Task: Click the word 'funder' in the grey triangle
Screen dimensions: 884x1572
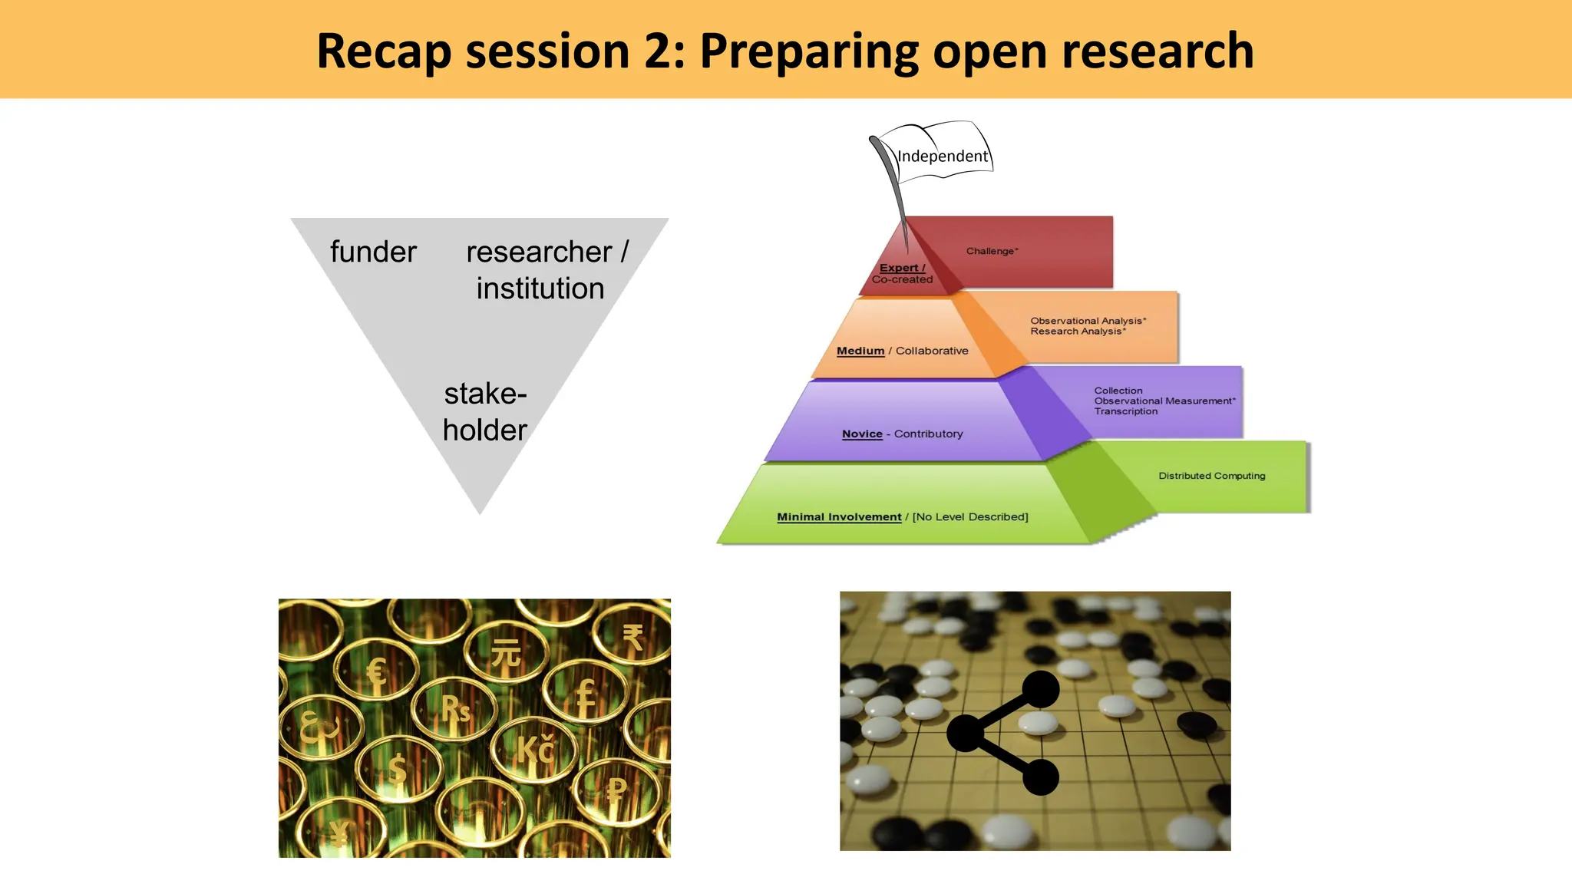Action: pos(373,252)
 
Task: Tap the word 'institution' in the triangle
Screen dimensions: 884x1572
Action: pos(540,289)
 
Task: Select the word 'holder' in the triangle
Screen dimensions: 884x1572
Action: pos(484,430)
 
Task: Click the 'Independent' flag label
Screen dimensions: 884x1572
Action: pos(943,157)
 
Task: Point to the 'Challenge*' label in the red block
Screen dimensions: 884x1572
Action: pos(992,251)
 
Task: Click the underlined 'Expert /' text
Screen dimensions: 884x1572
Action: pos(902,268)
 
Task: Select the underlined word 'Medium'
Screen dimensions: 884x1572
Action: pos(860,351)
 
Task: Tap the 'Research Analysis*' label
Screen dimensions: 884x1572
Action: pos(1078,331)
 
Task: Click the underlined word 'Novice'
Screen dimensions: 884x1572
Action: pos(862,434)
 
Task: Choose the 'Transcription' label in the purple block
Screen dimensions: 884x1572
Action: pos(1125,411)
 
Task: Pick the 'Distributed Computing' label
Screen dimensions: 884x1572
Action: pos(1211,476)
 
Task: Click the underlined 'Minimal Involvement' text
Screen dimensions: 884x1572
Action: pos(839,517)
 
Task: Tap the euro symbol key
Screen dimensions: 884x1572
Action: pos(376,673)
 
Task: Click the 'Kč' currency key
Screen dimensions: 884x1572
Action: pos(535,750)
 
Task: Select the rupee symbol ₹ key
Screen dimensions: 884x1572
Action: pos(632,637)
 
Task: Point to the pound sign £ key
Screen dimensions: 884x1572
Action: pos(586,696)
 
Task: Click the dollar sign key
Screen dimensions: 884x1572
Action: pos(397,767)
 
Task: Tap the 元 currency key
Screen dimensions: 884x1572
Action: pos(506,653)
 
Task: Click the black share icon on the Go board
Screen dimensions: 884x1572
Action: pos(1004,733)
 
